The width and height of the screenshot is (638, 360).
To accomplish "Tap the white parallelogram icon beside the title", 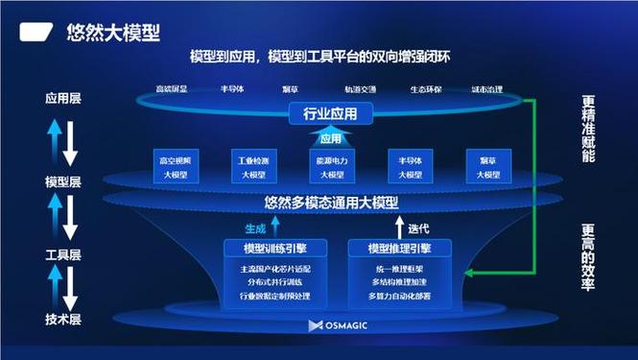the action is [x=35, y=32].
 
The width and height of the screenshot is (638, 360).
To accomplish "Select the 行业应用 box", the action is [x=322, y=115].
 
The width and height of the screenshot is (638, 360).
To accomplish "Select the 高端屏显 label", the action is [x=172, y=90].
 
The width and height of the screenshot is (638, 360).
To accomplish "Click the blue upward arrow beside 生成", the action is [x=275, y=227].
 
